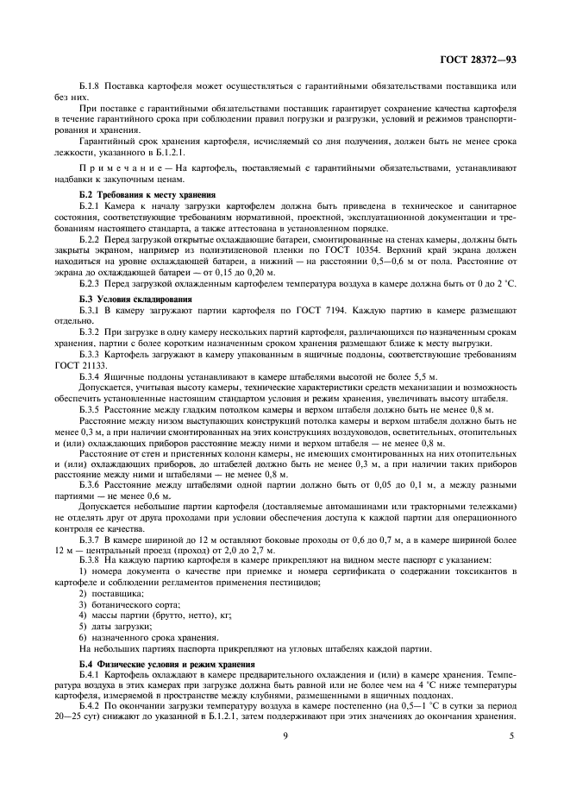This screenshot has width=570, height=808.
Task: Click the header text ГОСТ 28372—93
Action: [475, 60]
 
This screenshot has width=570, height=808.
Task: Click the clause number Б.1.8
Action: [91, 87]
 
